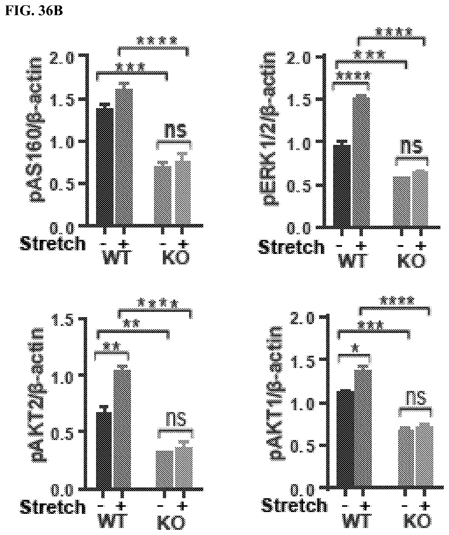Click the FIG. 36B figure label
(34, 11)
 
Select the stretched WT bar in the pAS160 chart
(124, 157)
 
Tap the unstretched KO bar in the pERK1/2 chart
(402, 201)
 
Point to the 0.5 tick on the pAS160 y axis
(63, 184)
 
